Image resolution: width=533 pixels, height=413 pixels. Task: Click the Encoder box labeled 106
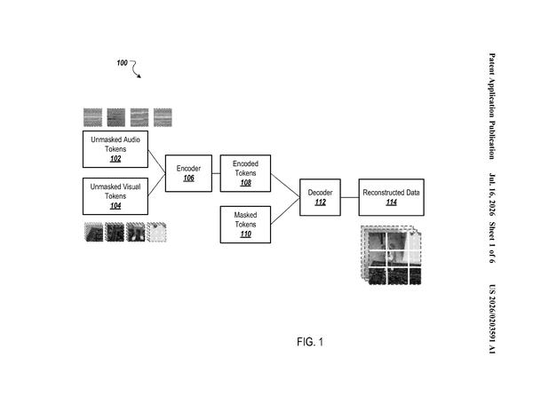[188, 173]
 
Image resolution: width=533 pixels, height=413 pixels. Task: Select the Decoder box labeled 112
[320, 197]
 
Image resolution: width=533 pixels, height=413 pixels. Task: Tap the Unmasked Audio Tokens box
[115, 149]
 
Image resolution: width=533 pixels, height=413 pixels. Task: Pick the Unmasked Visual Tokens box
[115, 196]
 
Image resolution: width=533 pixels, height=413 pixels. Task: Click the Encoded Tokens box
[245, 173]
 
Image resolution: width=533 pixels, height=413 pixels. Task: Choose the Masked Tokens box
[245, 225]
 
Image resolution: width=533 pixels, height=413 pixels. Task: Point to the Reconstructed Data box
[391, 197]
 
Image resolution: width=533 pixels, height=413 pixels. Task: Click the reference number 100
[122, 63]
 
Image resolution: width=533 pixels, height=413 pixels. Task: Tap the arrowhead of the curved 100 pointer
[139, 76]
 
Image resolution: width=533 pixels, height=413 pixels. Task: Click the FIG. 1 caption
[310, 342]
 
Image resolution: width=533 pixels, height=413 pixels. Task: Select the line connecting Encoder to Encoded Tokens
[216, 173]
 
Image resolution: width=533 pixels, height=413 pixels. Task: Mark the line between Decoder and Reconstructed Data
[349, 197]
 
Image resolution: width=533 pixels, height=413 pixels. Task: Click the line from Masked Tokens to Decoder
[285, 210]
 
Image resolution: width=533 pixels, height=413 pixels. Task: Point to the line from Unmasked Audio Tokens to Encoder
[156, 162]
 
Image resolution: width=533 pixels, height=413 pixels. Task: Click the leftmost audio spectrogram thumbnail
[92, 117]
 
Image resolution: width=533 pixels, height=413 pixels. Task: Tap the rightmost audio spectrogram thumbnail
[163, 117]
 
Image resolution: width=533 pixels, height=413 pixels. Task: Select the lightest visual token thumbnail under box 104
[156, 232]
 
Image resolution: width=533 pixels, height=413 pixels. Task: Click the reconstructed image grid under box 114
[391, 255]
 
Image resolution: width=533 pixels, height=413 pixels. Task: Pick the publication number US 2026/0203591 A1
[492, 320]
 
